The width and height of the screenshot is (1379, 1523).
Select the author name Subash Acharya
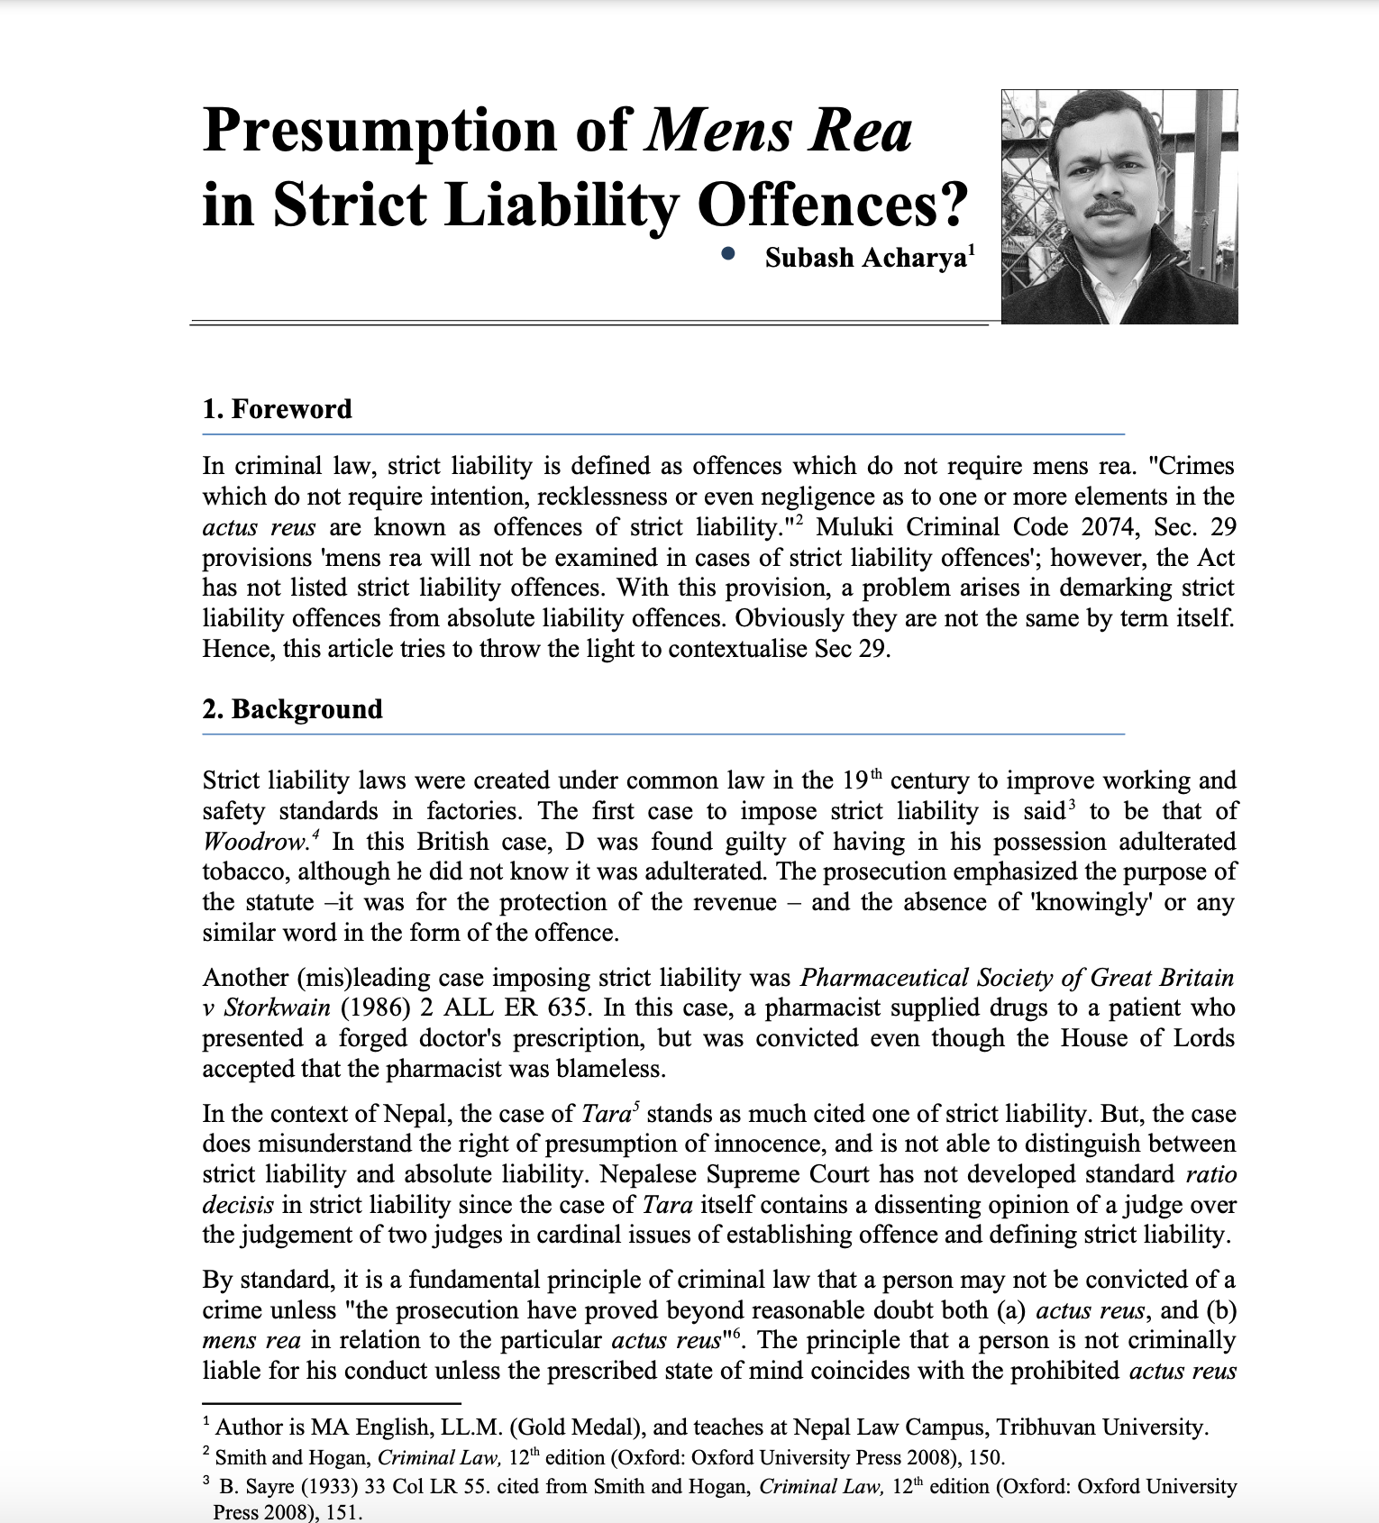865,259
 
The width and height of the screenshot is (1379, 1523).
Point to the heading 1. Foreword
277,409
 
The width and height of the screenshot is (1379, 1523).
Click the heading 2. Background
292,709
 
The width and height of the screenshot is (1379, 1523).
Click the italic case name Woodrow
255,842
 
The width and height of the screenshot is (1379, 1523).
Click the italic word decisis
237,1205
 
